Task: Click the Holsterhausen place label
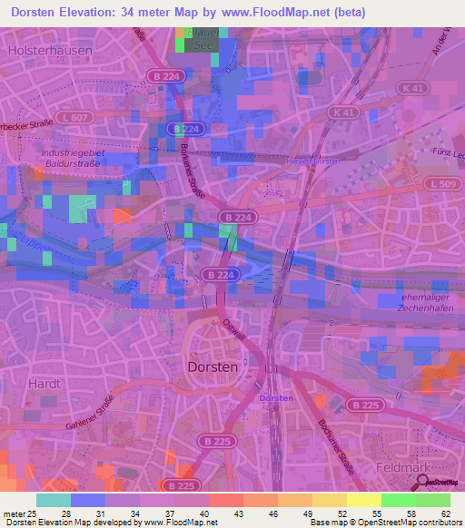point(49,52)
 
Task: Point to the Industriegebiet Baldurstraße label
point(73,160)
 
